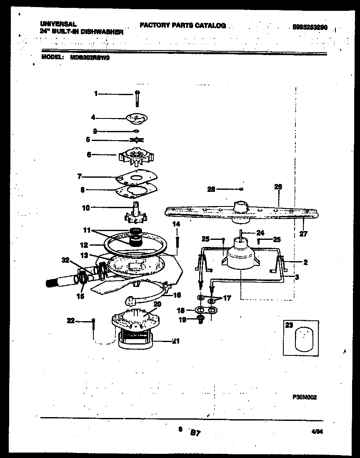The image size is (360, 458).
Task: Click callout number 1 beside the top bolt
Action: pos(95,94)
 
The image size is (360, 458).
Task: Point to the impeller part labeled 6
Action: pos(137,157)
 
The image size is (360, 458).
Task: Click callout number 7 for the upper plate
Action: pos(80,176)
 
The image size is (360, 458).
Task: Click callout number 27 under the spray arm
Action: pos(303,234)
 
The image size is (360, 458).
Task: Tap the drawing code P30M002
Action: pos(305,398)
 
